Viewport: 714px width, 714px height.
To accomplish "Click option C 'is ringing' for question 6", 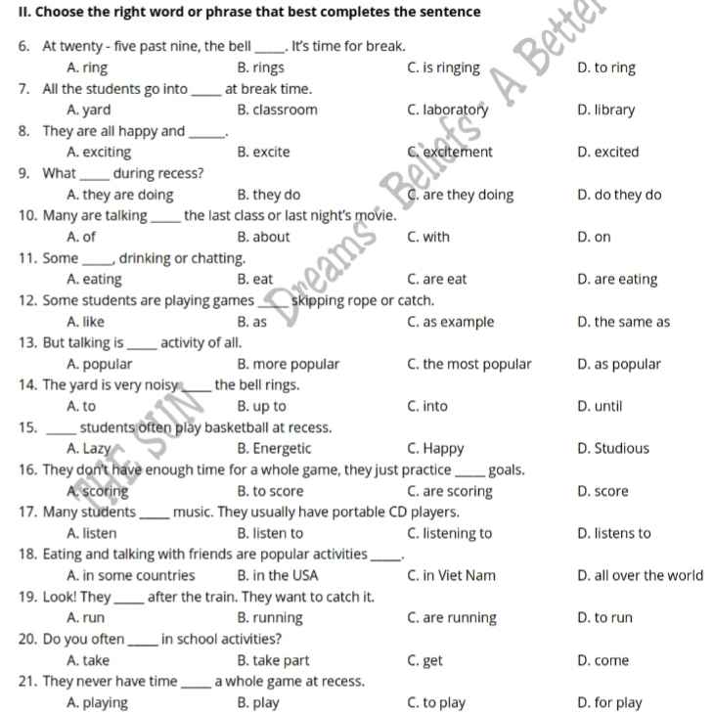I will (443, 67).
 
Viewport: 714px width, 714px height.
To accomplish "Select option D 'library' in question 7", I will (606, 110).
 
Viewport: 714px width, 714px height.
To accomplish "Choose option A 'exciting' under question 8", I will (99, 152).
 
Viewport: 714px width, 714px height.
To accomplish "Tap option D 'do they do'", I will (619, 195).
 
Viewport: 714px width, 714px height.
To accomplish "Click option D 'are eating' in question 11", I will (617, 280).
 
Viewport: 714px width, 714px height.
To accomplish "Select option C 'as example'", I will (450, 322).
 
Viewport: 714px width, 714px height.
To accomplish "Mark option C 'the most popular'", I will (469, 364).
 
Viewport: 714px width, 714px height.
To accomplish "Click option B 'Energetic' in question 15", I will (274, 449).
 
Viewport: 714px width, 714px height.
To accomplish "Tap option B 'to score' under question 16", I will (270, 491).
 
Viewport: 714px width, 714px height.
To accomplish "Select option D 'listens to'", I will (614, 533).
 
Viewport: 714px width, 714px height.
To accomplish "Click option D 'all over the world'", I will (640, 575).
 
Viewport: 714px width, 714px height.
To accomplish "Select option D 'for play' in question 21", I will (610, 702).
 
